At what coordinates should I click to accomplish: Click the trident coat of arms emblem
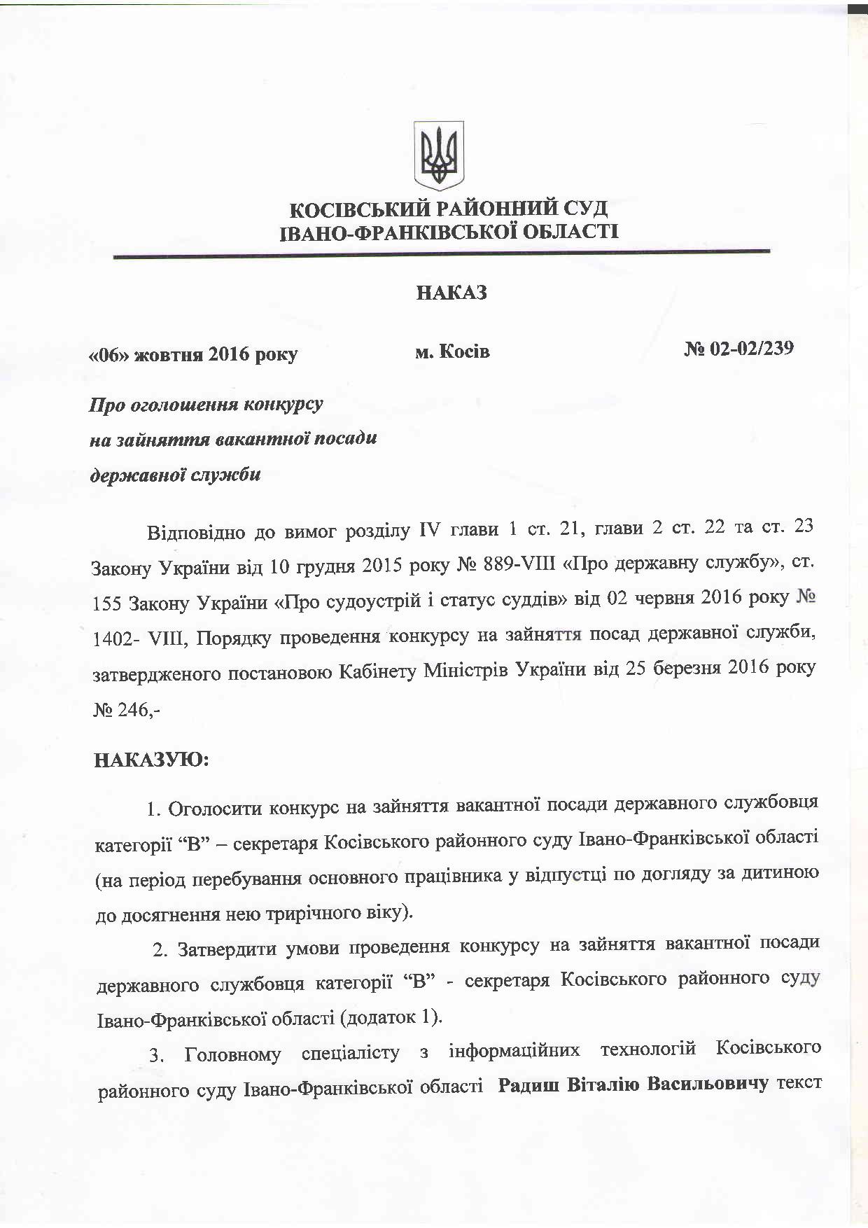438,155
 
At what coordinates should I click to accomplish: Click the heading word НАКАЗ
451,293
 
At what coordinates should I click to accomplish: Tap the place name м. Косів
452,351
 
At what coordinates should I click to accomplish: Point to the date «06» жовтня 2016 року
192,354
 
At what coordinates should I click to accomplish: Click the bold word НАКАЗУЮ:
151,760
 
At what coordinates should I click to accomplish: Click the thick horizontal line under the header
441,254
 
